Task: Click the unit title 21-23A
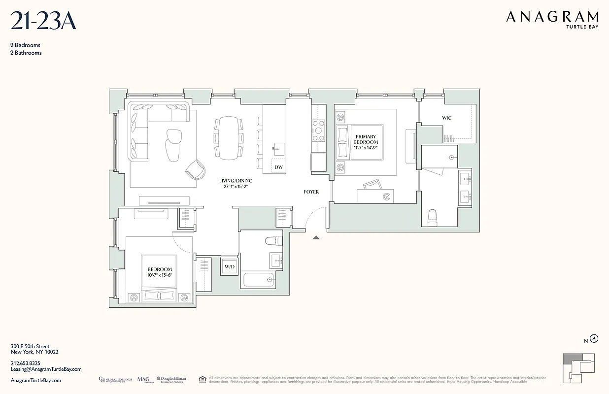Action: point(43,22)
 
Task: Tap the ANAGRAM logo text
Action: point(552,18)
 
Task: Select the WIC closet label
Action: point(446,118)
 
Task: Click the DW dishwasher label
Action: point(278,167)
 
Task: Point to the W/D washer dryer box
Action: point(230,267)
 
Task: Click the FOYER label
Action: point(311,192)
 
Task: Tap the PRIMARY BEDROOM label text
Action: point(365,139)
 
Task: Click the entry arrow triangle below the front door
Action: point(316,237)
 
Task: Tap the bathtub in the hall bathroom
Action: point(258,280)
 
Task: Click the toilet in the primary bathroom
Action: point(433,218)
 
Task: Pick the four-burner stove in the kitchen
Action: point(318,131)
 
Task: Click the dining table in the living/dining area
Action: point(229,138)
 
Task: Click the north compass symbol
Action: point(595,338)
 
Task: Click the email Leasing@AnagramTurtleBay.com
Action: point(46,369)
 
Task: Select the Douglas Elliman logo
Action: point(171,379)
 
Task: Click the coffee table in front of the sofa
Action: point(173,145)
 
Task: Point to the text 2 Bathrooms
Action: point(26,53)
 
